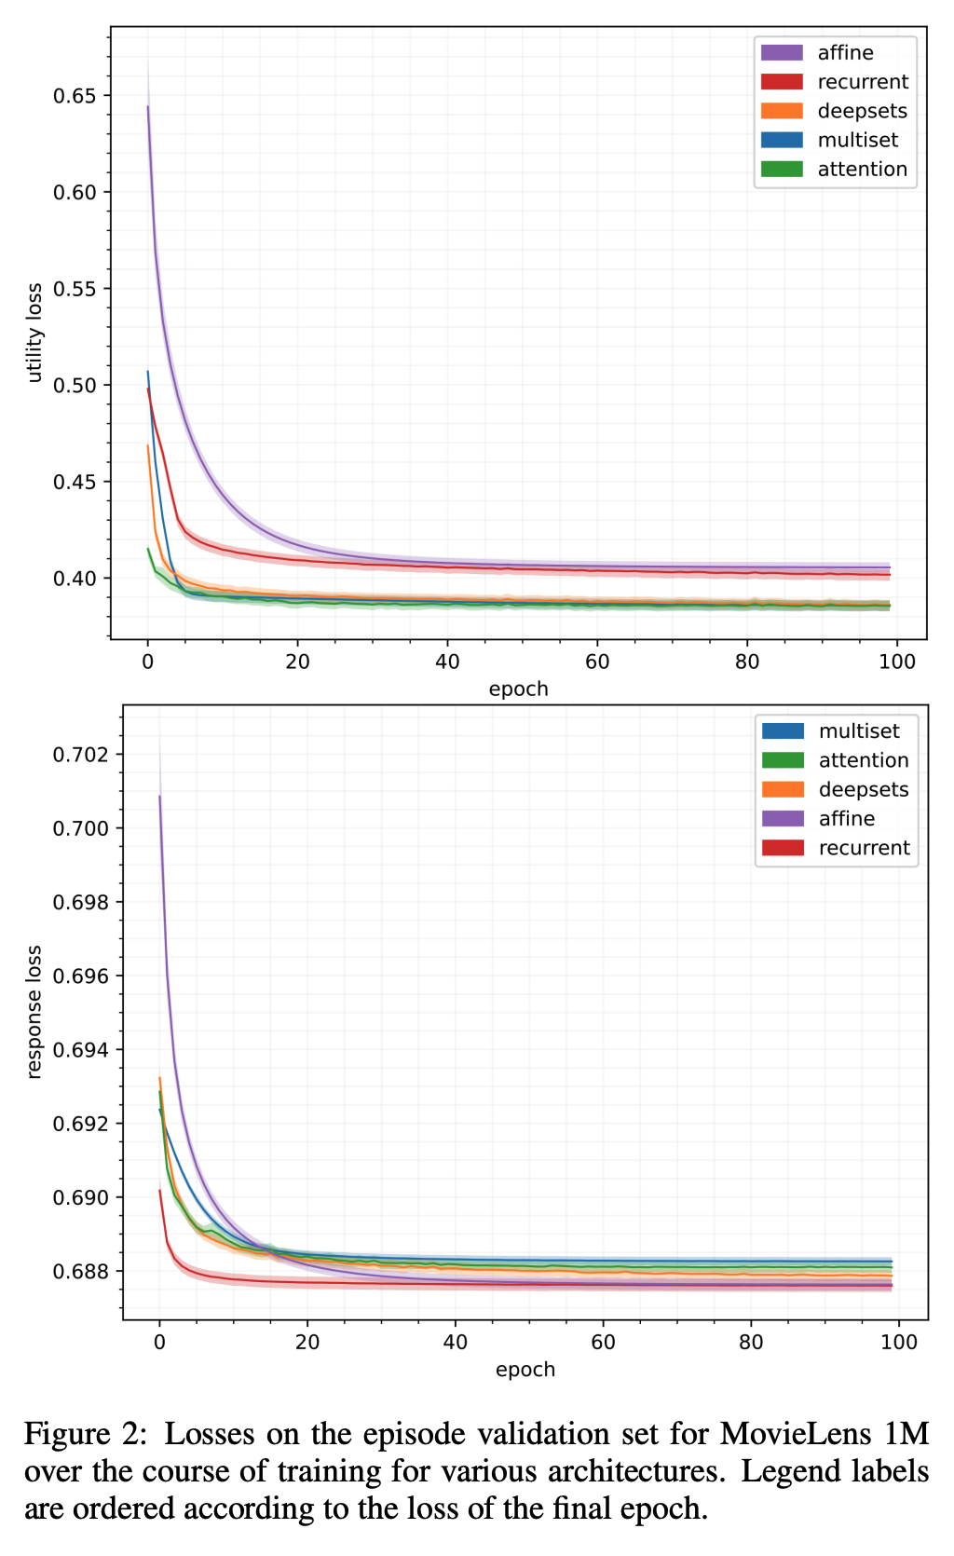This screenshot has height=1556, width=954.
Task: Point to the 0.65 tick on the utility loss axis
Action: pos(77,96)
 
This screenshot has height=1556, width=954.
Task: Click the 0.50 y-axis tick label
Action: pos(77,386)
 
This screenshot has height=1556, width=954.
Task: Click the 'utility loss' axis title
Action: pos(35,333)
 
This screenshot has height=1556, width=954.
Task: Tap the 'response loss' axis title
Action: pos(35,1012)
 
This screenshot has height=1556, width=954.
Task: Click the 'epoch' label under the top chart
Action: pos(518,689)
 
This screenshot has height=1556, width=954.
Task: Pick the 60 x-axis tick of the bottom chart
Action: pos(603,1343)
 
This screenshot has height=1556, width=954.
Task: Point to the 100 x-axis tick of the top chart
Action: pos(897,662)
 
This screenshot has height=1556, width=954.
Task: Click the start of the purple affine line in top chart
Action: pos(147,106)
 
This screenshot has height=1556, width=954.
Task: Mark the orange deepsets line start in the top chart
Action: pos(147,445)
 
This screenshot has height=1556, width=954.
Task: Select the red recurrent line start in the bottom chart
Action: pos(159,1190)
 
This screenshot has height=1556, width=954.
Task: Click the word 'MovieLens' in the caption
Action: pos(780,1433)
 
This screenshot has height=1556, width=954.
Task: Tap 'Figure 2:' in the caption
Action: pos(85,1434)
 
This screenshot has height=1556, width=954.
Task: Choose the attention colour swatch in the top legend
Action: pos(782,170)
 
